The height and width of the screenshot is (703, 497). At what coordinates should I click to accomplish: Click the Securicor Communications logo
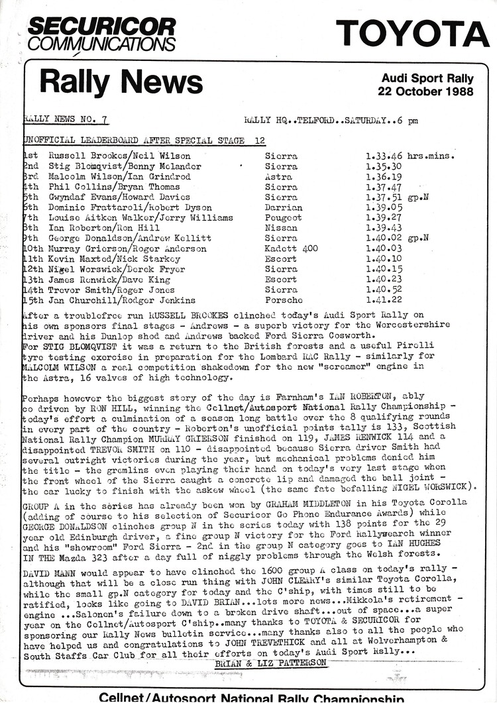pyautogui.click(x=101, y=34)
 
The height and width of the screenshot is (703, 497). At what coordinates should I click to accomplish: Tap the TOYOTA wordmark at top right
pyautogui.click(x=412, y=33)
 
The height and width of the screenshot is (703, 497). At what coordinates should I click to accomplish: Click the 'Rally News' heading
pyautogui.click(x=121, y=82)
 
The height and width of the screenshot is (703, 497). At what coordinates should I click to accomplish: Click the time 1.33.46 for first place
pyautogui.click(x=384, y=156)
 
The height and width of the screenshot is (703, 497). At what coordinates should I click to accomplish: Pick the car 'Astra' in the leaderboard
pyautogui.click(x=278, y=177)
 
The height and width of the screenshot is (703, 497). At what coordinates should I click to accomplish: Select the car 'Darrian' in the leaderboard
pyautogui.click(x=283, y=207)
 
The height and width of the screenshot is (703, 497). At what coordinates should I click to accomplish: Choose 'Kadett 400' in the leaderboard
pyautogui.click(x=291, y=248)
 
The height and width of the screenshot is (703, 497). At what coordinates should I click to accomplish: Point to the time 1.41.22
pyautogui.click(x=384, y=300)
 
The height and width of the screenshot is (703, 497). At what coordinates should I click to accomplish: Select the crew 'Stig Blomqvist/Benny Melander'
pyautogui.click(x=125, y=166)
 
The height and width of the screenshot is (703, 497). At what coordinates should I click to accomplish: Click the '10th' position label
pyautogui.click(x=32, y=248)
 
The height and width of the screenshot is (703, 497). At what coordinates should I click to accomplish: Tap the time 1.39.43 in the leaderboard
pyautogui.click(x=384, y=228)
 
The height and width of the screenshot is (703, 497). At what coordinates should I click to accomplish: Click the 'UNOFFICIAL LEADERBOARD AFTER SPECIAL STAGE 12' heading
pyautogui.click(x=144, y=140)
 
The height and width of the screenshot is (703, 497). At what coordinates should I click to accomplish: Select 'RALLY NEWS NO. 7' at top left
pyautogui.click(x=66, y=120)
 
